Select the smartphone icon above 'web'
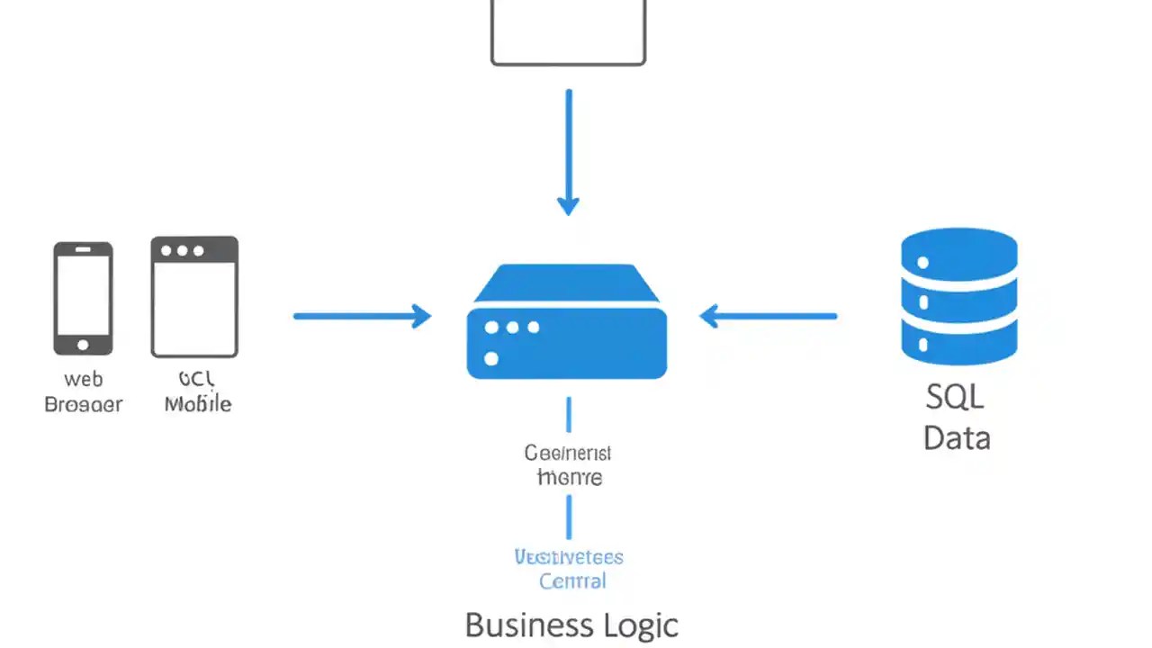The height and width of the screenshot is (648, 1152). click(x=83, y=298)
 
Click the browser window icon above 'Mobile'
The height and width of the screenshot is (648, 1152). click(x=194, y=297)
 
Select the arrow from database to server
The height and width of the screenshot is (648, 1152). click(x=769, y=316)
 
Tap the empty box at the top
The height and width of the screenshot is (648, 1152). click(x=568, y=31)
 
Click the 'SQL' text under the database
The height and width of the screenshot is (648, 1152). click(x=955, y=396)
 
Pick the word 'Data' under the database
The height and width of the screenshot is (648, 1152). click(x=957, y=438)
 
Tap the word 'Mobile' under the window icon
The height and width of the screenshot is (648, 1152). click(x=198, y=404)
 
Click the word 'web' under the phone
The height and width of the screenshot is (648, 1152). click(x=83, y=379)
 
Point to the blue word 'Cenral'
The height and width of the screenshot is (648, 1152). click(x=572, y=581)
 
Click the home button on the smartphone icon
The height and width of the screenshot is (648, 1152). click(x=83, y=345)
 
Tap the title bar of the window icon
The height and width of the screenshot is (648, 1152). click(x=194, y=250)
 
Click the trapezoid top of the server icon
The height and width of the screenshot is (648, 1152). click(x=567, y=283)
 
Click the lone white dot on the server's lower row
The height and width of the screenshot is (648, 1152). click(x=491, y=359)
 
